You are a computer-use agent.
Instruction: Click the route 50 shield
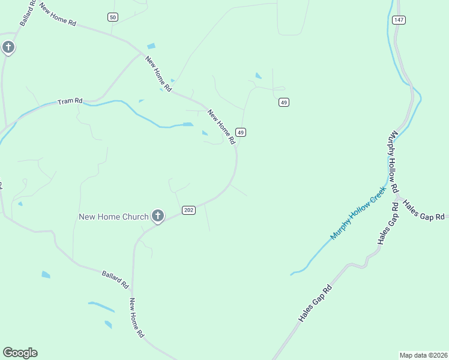pos(113,17)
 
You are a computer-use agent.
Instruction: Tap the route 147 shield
pos(399,20)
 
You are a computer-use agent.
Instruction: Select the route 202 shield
pos(188,210)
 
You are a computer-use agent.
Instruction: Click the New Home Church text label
pos(113,216)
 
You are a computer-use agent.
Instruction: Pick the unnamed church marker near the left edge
pos(8,47)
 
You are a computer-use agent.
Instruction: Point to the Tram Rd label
pos(70,101)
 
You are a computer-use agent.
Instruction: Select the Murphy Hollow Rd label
pos(394,161)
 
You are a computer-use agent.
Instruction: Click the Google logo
pos(20,353)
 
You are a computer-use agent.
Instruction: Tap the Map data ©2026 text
pos(423,355)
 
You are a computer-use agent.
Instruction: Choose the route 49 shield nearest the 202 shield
pos(241,132)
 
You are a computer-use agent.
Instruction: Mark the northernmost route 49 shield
pos(284,103)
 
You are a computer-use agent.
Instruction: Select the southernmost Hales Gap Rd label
pos(315,304)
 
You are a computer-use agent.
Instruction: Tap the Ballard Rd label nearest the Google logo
pos(115,277)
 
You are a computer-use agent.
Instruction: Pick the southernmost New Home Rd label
pos(137,317)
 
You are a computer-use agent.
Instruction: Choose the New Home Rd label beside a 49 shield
pos(221,127)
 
